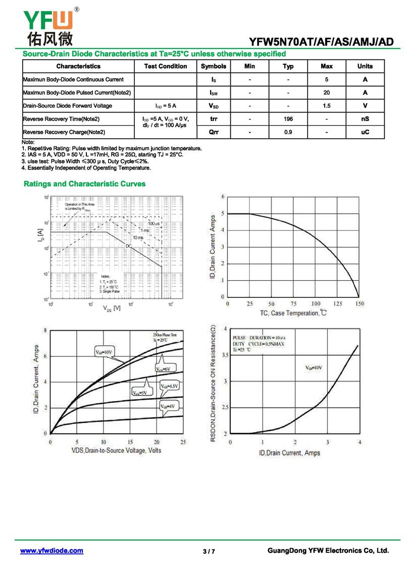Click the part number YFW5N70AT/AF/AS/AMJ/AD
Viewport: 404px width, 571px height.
(321, 42)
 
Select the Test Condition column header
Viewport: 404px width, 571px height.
(166, 66)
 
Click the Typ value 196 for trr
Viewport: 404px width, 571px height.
(288, 119)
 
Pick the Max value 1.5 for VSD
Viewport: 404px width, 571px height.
(327, 106)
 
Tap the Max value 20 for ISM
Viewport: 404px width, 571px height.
(327, 92)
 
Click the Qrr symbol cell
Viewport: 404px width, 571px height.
(214, 132)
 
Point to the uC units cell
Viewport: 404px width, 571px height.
(365, 132)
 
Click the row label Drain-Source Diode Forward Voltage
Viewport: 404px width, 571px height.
(67, 106)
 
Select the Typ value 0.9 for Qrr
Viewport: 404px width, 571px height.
(288, 132)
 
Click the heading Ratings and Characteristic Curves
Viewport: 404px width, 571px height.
(84, 184)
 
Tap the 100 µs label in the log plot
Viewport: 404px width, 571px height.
(154, 223)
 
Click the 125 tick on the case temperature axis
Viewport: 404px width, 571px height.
(338, 304)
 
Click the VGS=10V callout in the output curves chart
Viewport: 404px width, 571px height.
(105, 352)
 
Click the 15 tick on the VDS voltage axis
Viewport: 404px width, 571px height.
(130, 442)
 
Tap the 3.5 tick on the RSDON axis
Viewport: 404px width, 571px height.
(224, 355)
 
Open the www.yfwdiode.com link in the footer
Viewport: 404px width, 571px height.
(52, 551)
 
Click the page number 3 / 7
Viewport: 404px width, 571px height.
(209, 551)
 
